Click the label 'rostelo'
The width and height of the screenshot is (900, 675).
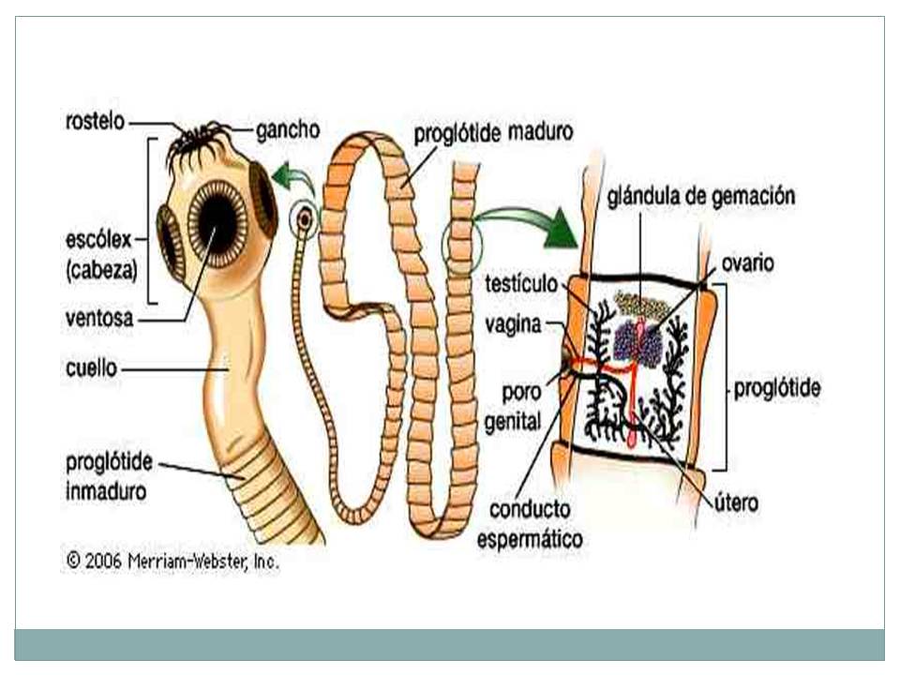point(95,122)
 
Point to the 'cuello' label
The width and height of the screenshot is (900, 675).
point(92,368)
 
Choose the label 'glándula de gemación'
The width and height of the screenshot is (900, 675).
point(700,197)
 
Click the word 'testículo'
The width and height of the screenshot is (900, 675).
point(522,283)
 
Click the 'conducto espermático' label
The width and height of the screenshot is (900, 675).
point(529,525)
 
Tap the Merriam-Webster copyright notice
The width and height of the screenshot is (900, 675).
point(172,562)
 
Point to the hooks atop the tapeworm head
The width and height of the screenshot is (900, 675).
point(199,140)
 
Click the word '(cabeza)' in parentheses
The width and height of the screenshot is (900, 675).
point(102,270)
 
